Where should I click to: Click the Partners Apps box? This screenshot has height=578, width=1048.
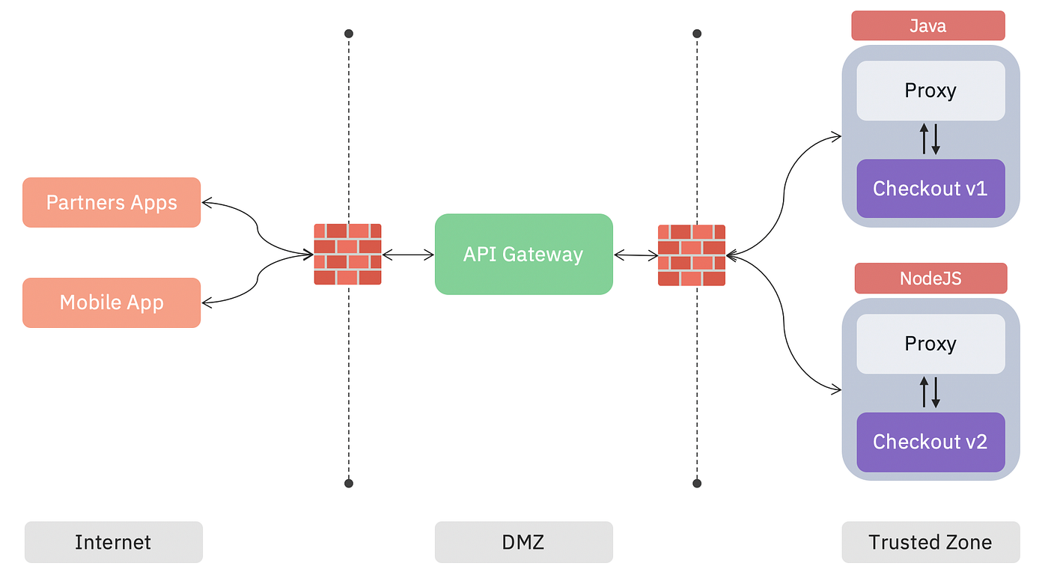click(x=112, y=202)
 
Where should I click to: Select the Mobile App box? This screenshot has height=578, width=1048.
click(x=112, y=302)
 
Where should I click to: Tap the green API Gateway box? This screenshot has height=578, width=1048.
click(x=523, y=254)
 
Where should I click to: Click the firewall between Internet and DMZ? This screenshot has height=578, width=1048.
click(x=347, y=254)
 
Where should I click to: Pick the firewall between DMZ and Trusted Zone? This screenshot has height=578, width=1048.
click(x=692, y=255)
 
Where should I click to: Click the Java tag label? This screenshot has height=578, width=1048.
click(x=927, y=26)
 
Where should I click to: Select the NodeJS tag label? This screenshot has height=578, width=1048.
click(x=930, y=279)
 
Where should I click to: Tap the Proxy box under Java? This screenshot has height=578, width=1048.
click(x=930, y=91)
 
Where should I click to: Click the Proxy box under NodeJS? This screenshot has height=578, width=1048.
click(x=930, y=344)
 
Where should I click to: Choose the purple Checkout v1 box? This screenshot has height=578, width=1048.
click(x=930, y=188)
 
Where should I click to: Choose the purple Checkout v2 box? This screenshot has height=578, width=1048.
click(x=930, y=442)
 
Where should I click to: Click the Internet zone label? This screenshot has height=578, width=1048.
click(x=113, y=542)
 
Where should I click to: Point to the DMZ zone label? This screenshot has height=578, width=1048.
click(x=523, y=542)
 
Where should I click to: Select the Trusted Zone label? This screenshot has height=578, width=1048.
click(x=930, y=542)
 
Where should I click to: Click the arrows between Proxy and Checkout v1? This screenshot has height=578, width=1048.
click(x=930, y=139)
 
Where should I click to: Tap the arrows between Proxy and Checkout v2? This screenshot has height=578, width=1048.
click(x=930, y=392)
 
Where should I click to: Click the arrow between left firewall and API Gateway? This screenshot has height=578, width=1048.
click(x=408, y=255)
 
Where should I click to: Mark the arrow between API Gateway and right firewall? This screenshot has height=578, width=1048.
click(x=636, y=255)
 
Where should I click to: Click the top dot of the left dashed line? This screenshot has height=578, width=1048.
click(x=348, y=34)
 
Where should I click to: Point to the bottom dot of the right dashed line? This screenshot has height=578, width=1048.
click(x=697, y=484)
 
